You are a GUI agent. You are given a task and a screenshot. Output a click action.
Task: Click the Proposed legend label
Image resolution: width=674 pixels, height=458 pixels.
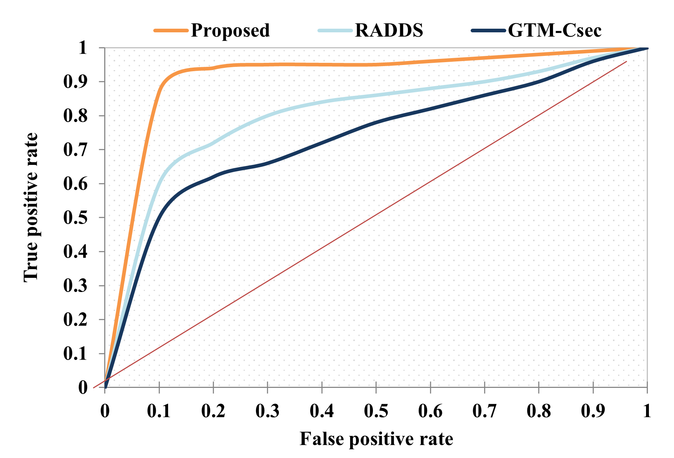(230, 30)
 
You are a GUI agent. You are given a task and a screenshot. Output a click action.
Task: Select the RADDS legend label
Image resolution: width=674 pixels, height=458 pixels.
(389, 30)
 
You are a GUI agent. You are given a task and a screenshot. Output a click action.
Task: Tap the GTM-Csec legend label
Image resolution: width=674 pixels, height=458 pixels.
(555, 30)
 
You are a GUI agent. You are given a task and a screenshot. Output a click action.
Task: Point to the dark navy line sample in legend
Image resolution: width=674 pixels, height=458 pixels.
(488, 31)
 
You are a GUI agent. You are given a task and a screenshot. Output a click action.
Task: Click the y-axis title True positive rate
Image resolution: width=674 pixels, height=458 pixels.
(31, 207)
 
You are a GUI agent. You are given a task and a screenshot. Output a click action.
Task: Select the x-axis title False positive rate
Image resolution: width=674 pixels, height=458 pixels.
(376, 439)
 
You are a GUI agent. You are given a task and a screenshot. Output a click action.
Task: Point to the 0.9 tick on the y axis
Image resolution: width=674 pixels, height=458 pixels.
(76, 82)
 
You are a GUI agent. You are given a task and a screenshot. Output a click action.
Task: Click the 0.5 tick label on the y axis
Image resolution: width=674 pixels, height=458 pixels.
(76, 218)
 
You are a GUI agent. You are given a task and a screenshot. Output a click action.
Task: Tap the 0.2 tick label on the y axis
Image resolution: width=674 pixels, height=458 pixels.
(76, 320)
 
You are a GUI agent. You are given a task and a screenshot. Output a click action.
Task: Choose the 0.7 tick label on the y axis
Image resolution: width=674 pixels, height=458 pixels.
(76, 150)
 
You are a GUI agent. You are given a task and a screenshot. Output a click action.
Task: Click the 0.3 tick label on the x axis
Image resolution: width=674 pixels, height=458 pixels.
(267, 411)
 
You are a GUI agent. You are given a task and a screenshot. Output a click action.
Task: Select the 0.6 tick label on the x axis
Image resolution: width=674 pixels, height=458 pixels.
(430, 411)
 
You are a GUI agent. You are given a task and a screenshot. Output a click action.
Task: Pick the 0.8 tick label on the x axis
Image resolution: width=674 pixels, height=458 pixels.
(539, 411)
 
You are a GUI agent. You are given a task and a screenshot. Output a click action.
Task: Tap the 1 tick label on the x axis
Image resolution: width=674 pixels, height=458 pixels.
(647, 411)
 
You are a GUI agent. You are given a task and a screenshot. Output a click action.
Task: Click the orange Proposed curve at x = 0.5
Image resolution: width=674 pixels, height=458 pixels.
(376, 65)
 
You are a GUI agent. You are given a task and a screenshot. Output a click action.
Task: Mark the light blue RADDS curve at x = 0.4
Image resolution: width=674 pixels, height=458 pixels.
(322, 103)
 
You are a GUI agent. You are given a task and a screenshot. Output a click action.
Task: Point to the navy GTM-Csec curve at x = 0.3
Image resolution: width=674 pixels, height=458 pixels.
(267, 163)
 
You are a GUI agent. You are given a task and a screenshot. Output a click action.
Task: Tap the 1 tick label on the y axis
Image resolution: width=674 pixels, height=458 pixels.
(83, 48)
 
